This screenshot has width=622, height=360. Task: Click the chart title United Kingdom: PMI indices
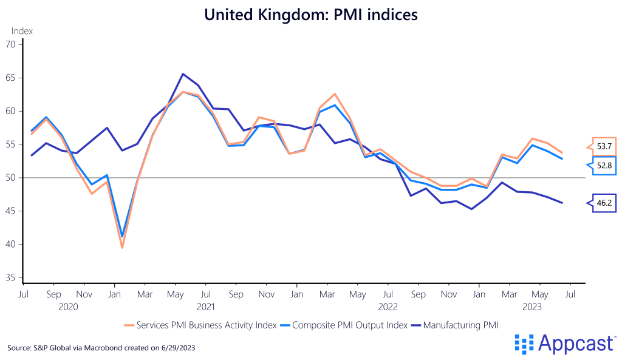[x=311, y=15]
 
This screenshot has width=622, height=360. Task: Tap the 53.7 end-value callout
[x=603, y=146]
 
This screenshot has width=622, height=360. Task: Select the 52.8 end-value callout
[x=603, y=165]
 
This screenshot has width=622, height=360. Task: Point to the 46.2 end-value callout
[x=603, y=203]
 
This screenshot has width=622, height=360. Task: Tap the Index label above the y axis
[x=22, y=31]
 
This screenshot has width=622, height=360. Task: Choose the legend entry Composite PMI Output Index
[x=349, y=325]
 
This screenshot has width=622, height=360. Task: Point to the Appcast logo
[x=565, y=344]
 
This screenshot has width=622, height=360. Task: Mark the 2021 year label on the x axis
[x=205, y=307]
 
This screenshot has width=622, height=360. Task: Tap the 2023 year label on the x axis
[x=532, y=307]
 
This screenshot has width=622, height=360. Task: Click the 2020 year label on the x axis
[x=68, y=307]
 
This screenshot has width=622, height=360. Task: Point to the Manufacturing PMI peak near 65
[x=183, y=74]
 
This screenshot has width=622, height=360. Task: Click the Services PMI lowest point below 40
[x=122, y=248]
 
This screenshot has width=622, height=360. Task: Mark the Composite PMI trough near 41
[x=123, y=236]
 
